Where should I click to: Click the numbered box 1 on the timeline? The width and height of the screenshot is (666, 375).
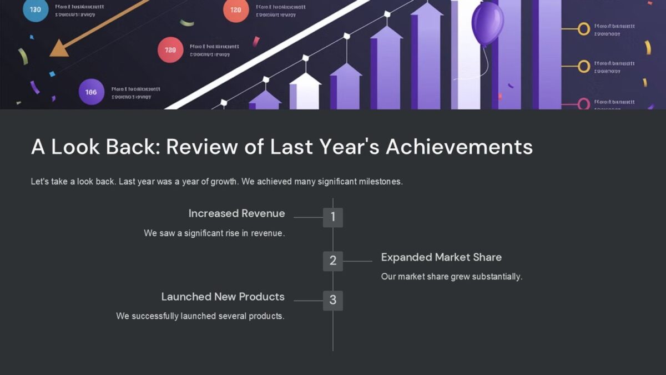(x=333, y=217)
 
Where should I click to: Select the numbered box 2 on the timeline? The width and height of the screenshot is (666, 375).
(x=333, y=261)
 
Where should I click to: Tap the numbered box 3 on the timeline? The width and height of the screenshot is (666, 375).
(x=333, y=300)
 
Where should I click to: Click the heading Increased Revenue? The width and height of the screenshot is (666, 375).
(x=236, y=213)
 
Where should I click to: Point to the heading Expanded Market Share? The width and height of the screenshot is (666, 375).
(x=441, y=257)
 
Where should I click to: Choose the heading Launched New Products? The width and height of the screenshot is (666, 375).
(x=223, y=297)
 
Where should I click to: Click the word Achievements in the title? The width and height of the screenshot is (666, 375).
(x=459, y=147)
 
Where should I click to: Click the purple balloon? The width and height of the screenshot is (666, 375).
(x=487, y=23)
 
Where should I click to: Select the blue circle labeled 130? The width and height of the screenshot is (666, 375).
(x=36, y=9)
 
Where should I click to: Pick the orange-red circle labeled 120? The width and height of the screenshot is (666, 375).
(x=235, y=10)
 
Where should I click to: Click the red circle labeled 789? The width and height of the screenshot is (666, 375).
(x=170, y=50)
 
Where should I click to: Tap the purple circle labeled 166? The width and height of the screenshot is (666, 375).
(x=91, y=92)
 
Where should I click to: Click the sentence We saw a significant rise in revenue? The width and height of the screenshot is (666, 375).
(x=214, y=233)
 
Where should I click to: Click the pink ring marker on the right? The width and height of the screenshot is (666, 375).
(x=583, y=104)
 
